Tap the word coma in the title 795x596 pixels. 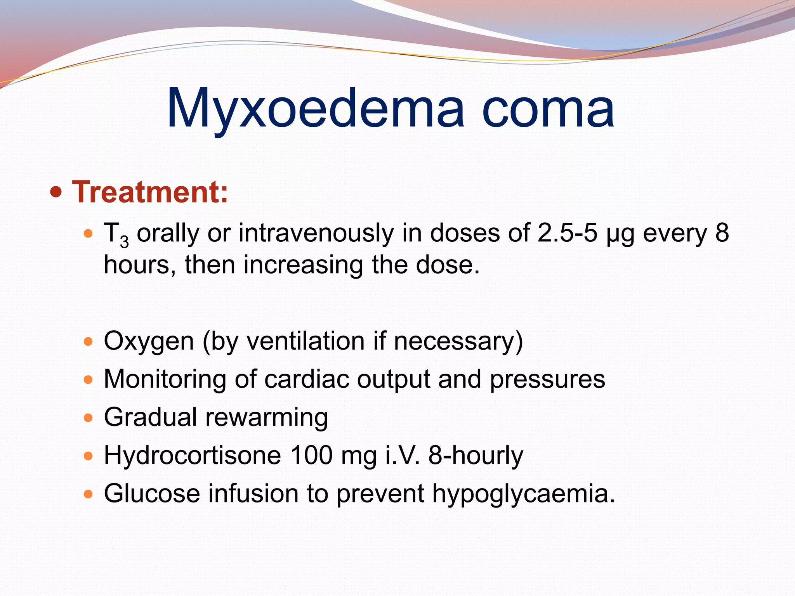pos(548,109)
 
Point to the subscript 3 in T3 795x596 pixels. pos(124,242)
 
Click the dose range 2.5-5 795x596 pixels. pos(567,233)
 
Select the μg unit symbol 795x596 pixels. pos(620,235)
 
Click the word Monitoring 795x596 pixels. pos(165,379)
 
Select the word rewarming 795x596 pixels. pos(266,418)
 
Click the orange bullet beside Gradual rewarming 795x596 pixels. pos(89,418)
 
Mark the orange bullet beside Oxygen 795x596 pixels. pos(89,342)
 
